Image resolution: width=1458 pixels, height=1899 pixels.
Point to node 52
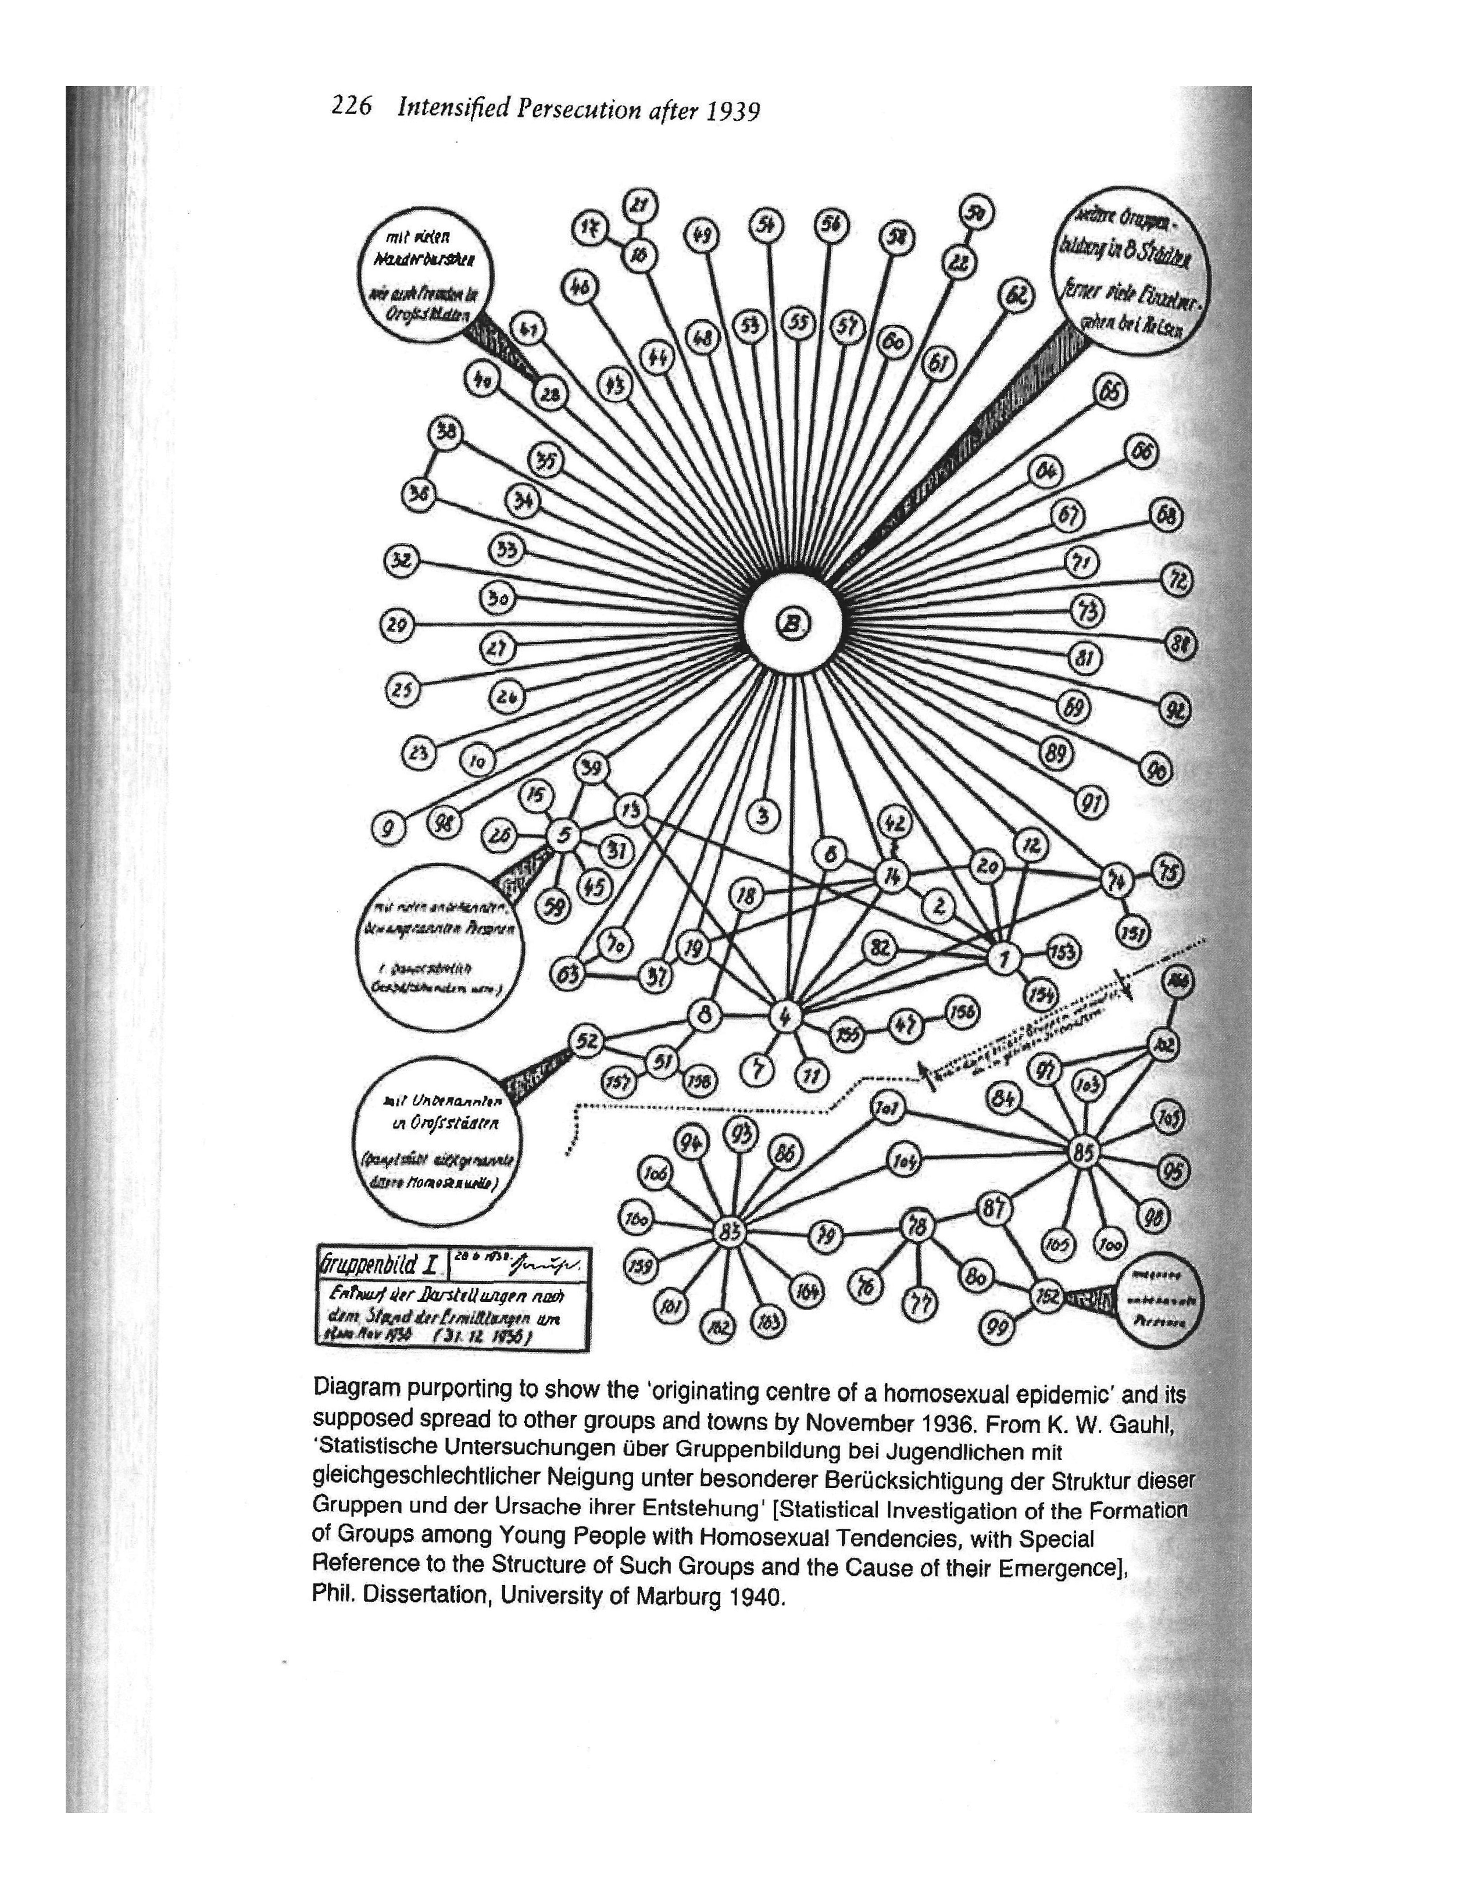(586, 1040)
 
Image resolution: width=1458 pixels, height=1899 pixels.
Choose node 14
(891, 876)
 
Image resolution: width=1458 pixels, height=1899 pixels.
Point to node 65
(1110, 392)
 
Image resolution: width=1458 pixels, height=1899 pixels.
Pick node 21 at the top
(641, 206)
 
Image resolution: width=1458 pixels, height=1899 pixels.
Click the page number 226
(352, 107)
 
